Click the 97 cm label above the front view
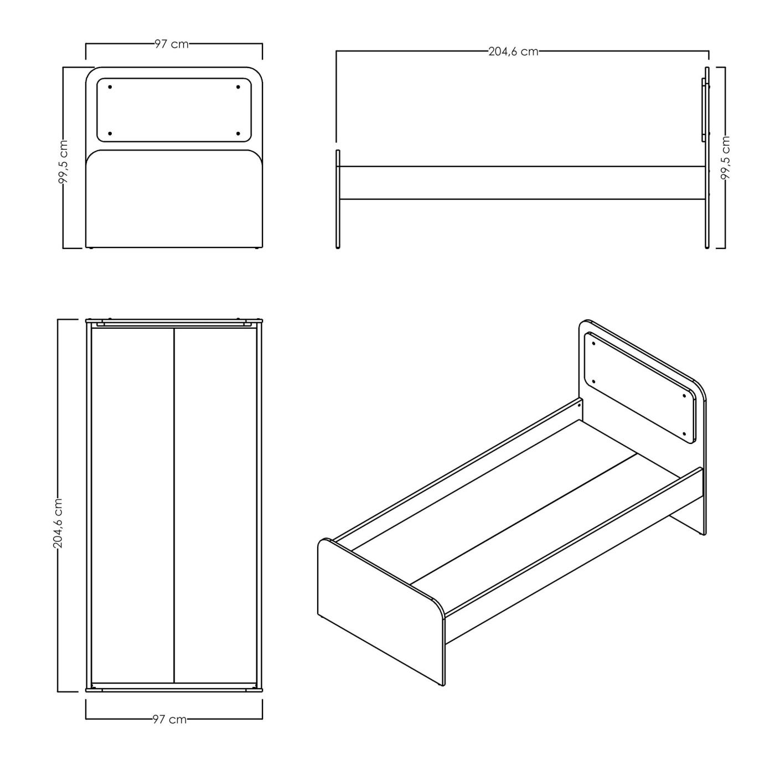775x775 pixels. (x=172, y=44)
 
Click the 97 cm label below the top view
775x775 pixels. (x=170, y=720)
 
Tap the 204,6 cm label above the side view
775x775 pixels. (x=513, y=51)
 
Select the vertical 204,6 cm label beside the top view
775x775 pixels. (x=58, y=523)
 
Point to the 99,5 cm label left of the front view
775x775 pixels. (x=64, y=162)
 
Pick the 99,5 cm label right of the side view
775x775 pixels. (x=725, y=157)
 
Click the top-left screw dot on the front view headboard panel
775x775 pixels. (x=110, y=87)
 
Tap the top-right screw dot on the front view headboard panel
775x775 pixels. (x=238, y=87)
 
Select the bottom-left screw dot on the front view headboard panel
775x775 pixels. (x=110, y=133)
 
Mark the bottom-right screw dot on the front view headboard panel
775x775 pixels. (x=238, y=133)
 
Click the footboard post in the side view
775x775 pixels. (x=338, y=199)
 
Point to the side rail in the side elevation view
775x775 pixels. (x=523, y=183)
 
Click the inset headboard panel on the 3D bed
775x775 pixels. (x=640, y=387)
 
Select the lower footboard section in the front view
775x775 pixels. (x=174, y=199)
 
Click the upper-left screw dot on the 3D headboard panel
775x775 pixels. (x=593, y=343)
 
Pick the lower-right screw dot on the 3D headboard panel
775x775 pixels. (x=684, y=434)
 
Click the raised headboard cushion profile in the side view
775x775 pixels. (x=704, y=110)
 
